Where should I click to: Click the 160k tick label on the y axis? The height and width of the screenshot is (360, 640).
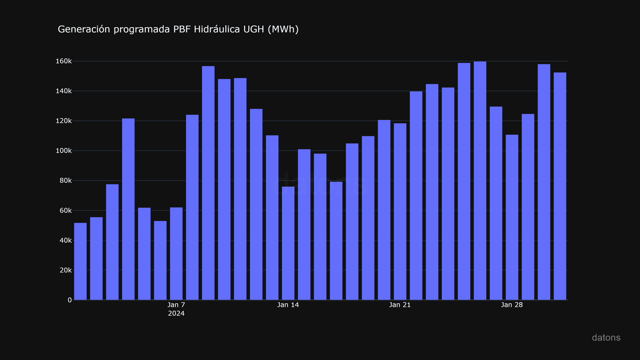[x=64, y=61]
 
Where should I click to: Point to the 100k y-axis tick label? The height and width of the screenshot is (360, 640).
[x=64, y=151]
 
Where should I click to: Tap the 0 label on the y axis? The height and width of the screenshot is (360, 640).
[x=70, y=300]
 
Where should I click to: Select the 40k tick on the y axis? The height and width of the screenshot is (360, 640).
[x=65, y=240]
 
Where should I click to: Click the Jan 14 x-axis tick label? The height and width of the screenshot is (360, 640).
[x=288, y=305]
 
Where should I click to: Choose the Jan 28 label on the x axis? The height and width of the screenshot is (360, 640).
[x=512, y=305]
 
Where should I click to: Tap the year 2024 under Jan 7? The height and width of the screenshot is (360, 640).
[x=176, y=314]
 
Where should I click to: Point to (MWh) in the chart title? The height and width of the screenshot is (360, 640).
[x=283, y=29]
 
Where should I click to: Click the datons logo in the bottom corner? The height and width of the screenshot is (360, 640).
[x=606, y=338]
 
